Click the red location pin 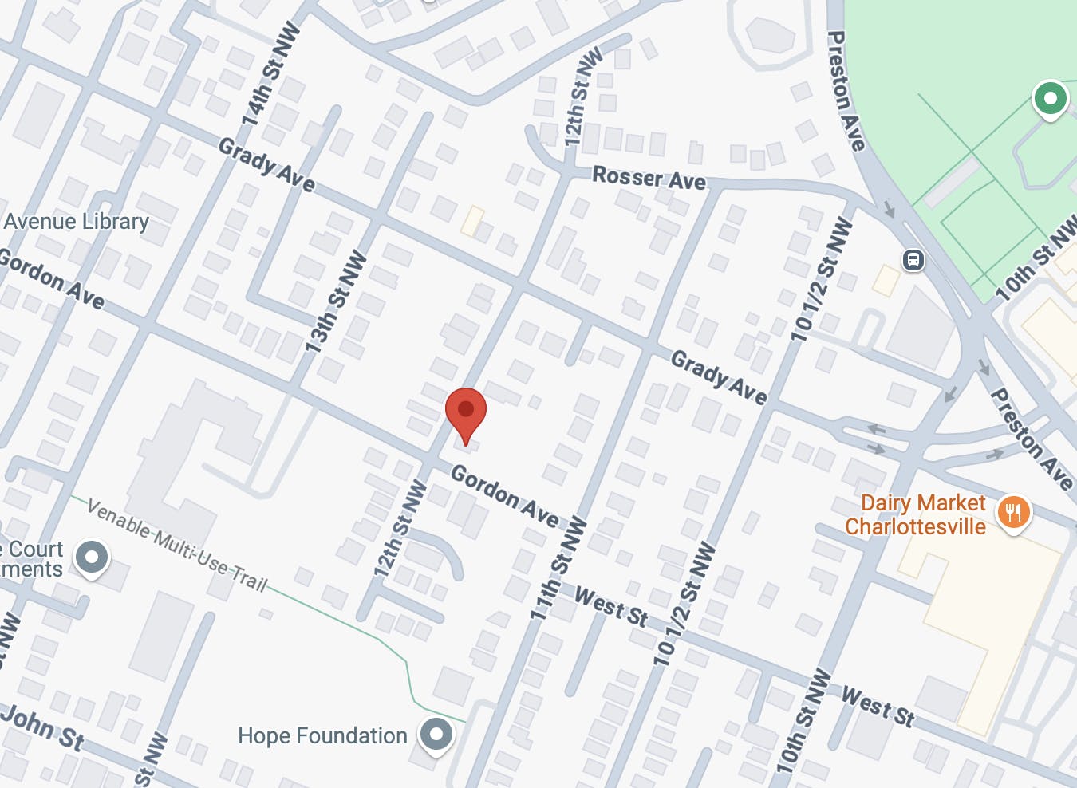pos(466,411)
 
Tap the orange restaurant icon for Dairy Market pos(1013,511)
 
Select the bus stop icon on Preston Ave pos(913,260)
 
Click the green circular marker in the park pos(1050,99)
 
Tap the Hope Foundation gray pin pos(436,734)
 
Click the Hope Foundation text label pos(322,735)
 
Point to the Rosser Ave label pos(649,178)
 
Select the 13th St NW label pos(337,302)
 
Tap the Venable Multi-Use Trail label pos(177,546)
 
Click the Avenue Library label pos(77,221)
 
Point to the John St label pos(43,727)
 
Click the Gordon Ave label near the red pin pos(504,495)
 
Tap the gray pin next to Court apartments pos(92,558)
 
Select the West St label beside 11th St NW pos(611,607)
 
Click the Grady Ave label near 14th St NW pos(266,165)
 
